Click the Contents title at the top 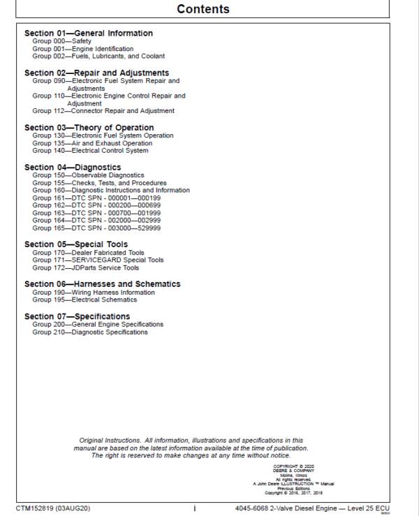203,9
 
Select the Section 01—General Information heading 88,34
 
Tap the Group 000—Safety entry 62,42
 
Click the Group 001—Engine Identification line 82,49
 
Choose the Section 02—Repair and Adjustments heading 96,73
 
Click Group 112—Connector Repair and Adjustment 103,111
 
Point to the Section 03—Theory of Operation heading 89,128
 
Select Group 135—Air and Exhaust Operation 91,143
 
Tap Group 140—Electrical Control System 90,151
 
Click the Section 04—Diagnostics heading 73,168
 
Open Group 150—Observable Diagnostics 88,175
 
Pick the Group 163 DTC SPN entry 96,213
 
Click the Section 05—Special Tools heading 76,244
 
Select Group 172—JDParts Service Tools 85,267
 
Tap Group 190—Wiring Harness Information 94,293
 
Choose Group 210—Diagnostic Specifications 90,332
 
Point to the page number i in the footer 194,508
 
